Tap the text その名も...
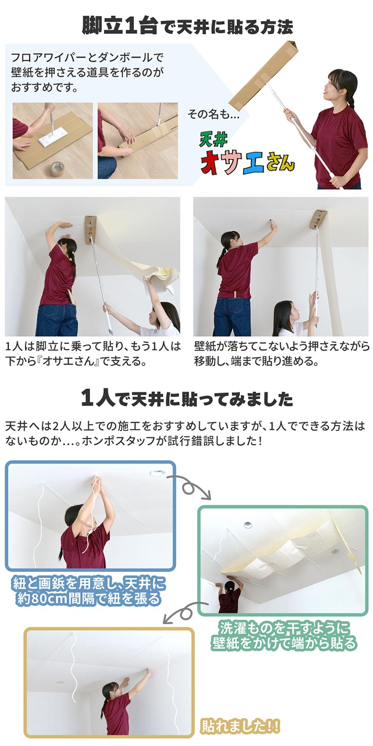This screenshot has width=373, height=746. [x=213, y=114]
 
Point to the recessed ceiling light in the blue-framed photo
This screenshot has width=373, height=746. [x=155, y=473]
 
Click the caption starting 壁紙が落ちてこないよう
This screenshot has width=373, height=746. [x=281, y=353]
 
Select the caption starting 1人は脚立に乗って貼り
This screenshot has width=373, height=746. [x=93, y=353]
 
